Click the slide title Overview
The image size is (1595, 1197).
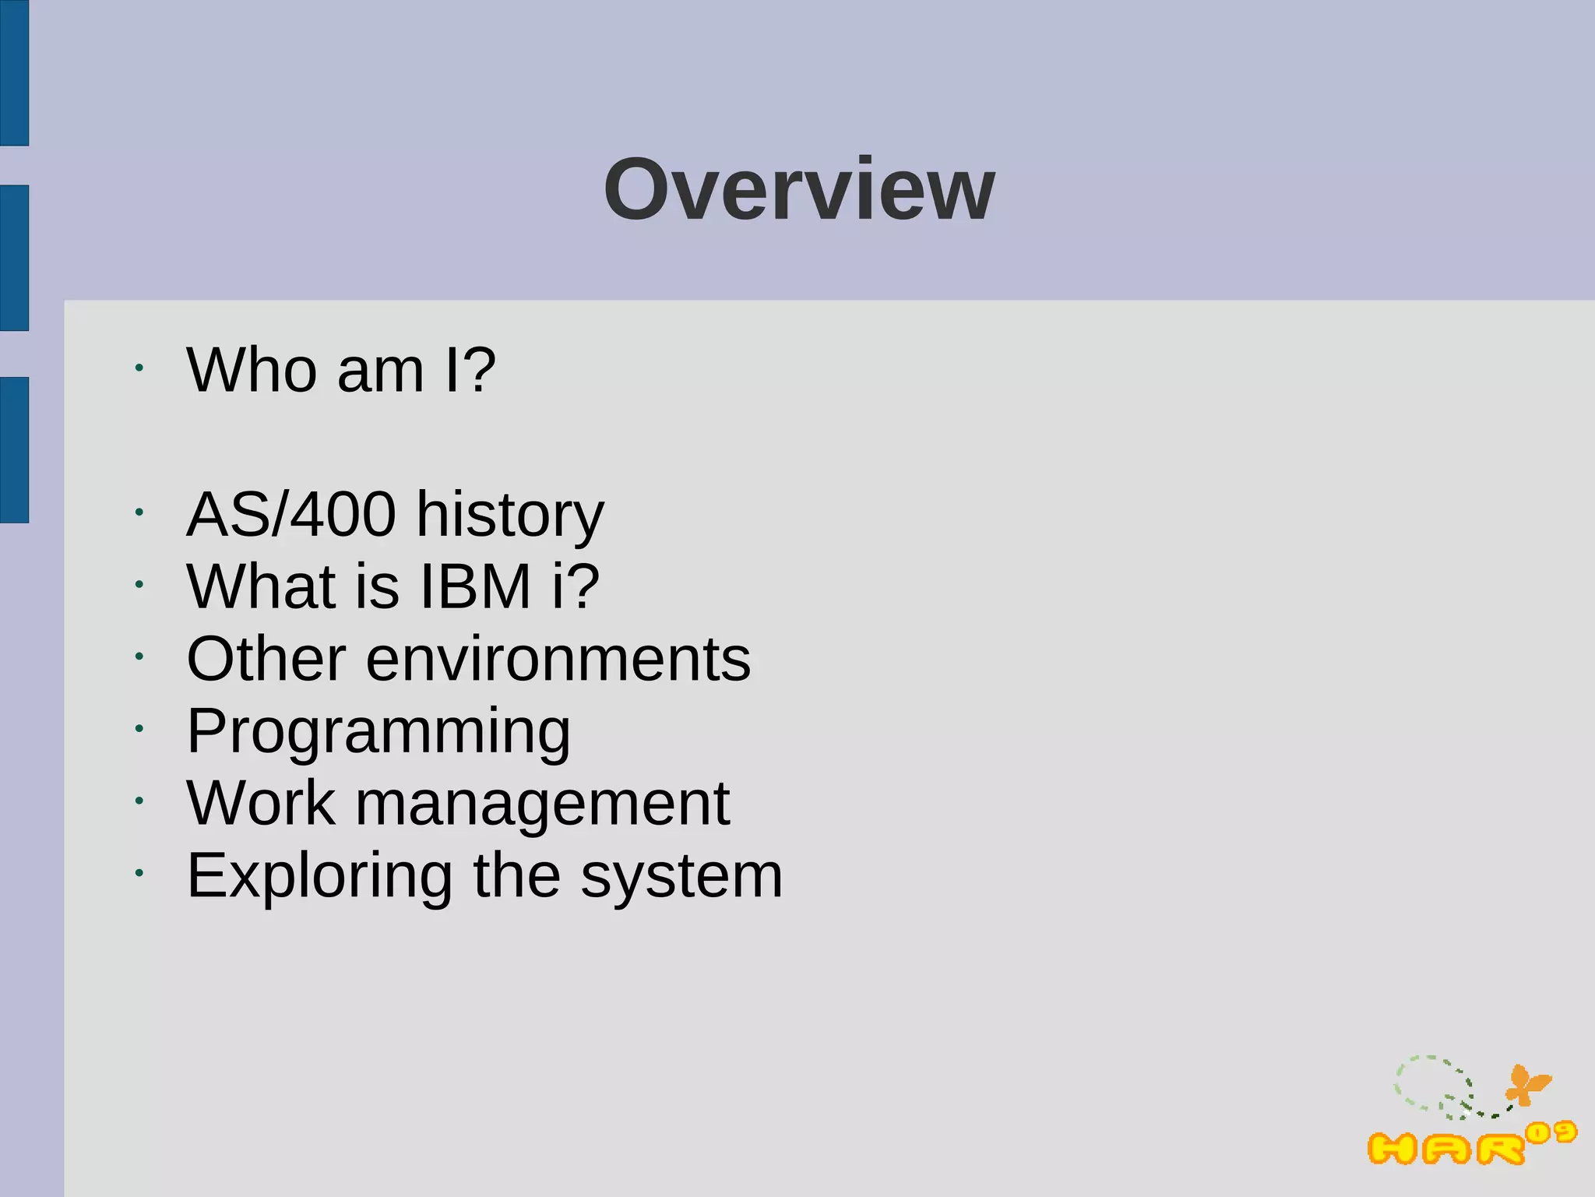[799, 189]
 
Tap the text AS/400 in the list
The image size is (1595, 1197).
[290, 514]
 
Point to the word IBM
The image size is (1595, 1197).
[475, 586]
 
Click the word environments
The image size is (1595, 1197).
[558, 659]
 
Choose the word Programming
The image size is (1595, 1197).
[379, 732]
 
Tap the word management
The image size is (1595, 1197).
[542, 804]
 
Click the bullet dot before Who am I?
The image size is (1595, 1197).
[139, 368]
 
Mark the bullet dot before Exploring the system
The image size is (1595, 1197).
[139, 873]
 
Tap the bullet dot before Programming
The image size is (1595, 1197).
[139, 729]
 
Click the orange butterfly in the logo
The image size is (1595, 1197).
[1526, 1085]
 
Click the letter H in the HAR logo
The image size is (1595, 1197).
[1392, 1149]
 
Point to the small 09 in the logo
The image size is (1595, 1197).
[1551, 1133]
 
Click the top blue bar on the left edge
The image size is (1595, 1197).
[14, 72]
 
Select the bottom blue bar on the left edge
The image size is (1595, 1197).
[14, 449]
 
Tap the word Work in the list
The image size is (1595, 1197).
[261, 804]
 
